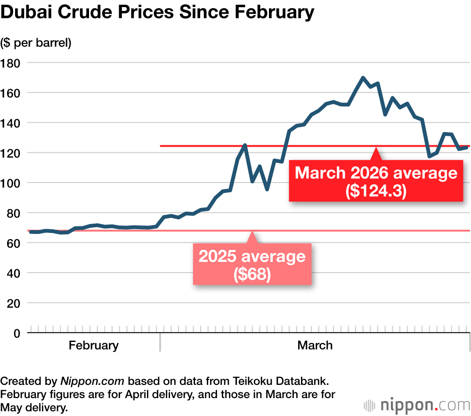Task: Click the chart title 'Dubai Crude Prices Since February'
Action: tap(157, 13)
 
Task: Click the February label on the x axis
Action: tap(93, 345)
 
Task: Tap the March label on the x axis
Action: tap(315, 345)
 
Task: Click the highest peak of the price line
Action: tap(363, 78)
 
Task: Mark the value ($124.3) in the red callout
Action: tap(376, 191)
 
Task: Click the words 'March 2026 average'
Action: tap(376, 173)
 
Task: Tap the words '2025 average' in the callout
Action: tap(252, 257)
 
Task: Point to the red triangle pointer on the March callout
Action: tap(375, 154)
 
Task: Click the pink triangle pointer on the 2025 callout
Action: tap(252, 237)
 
